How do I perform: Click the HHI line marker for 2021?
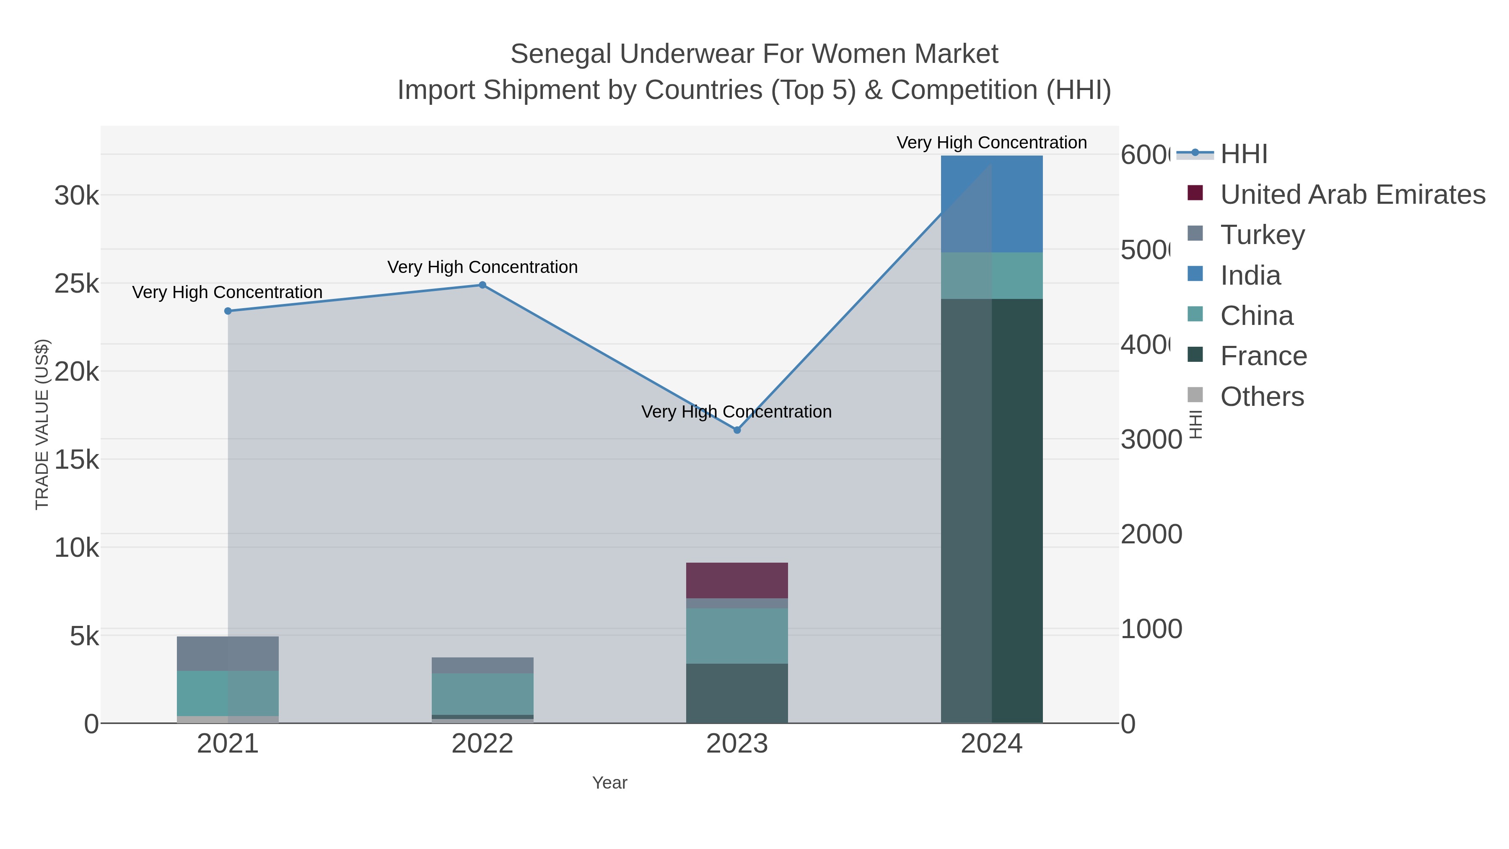pyautogui.click(x=228, y=311)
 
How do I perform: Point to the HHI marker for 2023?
pyautogui.click(x=737, y=430)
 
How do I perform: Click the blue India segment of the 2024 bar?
pyautogui.click(x=991, y=204)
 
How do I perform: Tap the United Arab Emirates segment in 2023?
pyautogui.click(x=736, y=580)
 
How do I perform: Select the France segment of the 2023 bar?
pyautogui.click(x=736, y=693)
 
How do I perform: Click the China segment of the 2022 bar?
pyautogui.click(x=482, y=694)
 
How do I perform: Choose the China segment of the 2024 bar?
pyautogui.click(x=991, y=275)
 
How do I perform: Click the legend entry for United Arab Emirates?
pyautogui.click(x=1352, y=195)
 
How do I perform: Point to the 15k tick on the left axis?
pyautogui.click(x=77, y=460)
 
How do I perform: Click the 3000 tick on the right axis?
pyautogui.click(x=1151, y=439)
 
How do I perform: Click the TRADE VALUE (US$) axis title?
pyautogui.click(x=42, y=424)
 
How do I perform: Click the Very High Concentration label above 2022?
pyautogui.click(x=482, y=267)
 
